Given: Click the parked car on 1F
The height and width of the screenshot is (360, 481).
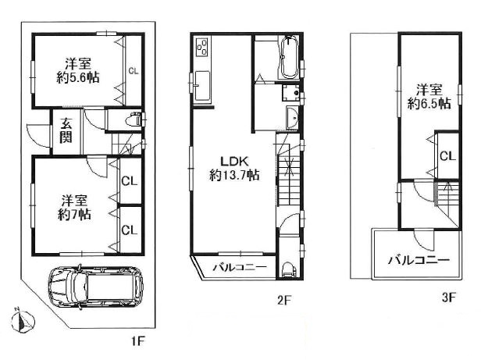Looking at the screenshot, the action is click(x=95, y=287).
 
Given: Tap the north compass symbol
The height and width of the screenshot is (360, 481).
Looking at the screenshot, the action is click(x=22, y=321).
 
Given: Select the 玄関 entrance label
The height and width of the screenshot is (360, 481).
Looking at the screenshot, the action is click(x=66, y=131).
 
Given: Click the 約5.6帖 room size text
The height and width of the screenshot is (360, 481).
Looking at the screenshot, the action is click(x=78, y=78).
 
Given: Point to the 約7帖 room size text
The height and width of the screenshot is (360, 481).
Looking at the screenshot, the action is click(x=74, y=215).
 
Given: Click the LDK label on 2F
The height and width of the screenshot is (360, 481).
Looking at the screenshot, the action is click(x=234, y=161).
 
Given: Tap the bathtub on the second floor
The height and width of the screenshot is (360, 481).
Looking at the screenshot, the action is click(x=288, y=59).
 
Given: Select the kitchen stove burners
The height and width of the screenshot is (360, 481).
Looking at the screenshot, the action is click(x=202, y=47).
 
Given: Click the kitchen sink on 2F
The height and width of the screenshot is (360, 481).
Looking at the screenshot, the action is click(x=202, y=86).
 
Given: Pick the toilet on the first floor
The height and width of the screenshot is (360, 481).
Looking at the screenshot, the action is click(x=134, y=119).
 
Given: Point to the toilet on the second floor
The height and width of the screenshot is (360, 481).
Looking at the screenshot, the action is click(x=288, y=270).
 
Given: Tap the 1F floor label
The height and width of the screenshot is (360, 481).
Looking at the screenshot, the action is click(x=137, y=340).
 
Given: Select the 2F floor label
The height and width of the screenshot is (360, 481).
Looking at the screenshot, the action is click(x=283, y=300).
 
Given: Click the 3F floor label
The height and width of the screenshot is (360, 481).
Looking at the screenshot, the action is click(x=450, y=297).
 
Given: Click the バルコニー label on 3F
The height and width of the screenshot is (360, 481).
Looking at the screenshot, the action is click(x=419, y=261).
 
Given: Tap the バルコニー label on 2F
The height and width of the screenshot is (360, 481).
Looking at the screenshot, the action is click(x=241, y=267).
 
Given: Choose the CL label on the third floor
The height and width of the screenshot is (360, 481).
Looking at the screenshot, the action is click(x=448, y=156).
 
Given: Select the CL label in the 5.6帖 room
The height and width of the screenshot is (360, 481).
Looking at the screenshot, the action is click(x=134, y=71).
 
